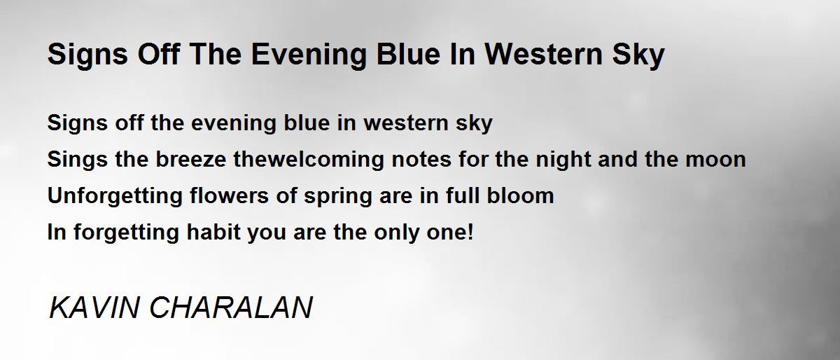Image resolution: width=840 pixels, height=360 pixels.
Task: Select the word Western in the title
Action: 543,54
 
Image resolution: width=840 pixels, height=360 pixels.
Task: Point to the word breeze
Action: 191,159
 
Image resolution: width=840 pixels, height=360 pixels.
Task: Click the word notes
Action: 421,160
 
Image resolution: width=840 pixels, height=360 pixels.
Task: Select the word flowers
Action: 230,195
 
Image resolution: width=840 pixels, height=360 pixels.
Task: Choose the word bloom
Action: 520,195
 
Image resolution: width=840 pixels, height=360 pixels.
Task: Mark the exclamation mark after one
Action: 470,232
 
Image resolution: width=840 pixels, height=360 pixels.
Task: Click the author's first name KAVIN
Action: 94,307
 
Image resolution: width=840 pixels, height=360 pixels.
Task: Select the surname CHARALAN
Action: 231,307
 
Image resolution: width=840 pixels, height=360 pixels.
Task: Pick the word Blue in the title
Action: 408,54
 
